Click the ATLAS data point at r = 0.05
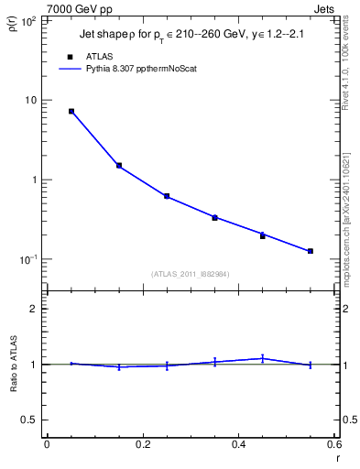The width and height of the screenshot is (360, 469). (x=71, y=111)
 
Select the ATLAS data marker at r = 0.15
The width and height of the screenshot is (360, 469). (x=119, y=166)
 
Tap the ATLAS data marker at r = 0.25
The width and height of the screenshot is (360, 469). (x=167, y=196)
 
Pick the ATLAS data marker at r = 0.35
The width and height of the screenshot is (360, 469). (x=214, y=218)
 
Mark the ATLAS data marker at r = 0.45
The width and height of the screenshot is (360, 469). (x=262, y=236)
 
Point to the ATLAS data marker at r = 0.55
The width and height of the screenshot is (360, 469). (x=311, y=251)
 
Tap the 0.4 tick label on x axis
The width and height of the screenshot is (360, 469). (x=238, y=444)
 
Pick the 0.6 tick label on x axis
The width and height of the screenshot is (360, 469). (x=333, y=444)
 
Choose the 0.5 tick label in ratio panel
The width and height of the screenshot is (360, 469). (x=31, y=420)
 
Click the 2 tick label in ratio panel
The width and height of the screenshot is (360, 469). (x=35, y=309)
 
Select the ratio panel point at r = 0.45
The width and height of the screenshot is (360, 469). (x=262, y=358)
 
